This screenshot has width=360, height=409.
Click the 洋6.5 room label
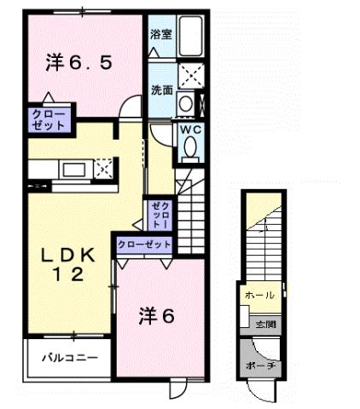(x=78, y=62)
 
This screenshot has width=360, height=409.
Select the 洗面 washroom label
(x=162, y=89)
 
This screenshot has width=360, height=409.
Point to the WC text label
(x=189, y=130)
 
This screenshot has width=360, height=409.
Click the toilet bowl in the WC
(x=189, y=150)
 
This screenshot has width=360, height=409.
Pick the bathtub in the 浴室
(x=187, y=36)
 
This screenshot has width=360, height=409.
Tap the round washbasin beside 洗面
(x=185, y=103)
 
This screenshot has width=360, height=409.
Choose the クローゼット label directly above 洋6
(x=144, y=245)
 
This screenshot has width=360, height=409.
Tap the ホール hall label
(x=259, y=295)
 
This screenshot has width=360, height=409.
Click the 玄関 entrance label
(x=265, y=324)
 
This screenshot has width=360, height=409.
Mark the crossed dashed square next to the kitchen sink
(x=103, y=168)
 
